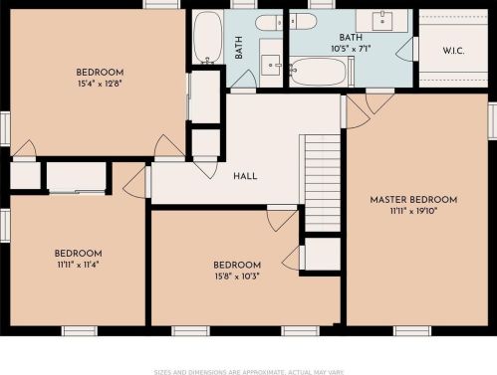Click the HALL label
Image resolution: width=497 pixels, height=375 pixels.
(x=245, y=176)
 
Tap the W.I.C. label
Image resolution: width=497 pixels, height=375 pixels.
(x=453, y=51)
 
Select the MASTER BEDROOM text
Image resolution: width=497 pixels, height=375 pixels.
(x=413, y=200)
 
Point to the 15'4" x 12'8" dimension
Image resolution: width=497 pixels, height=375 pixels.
(x=100, y=84)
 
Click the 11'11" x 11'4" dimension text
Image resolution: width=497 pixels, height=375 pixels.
(x=78, y=265)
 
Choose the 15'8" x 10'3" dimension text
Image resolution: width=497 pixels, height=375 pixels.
(x=237, y=277)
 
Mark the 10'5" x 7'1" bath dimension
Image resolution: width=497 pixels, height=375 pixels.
(x=351, y=49)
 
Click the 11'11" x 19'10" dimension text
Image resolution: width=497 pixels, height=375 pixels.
(x=413, y=211)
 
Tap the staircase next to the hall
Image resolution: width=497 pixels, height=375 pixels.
(x=323, y=183)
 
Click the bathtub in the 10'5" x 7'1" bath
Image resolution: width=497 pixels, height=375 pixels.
(x=318, y=72)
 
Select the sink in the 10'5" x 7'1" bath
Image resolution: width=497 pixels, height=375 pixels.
(x=382, y=21)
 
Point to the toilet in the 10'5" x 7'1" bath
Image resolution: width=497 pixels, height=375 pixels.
(x=303, y=21)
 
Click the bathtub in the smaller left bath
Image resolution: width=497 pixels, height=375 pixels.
(x=208, y=37)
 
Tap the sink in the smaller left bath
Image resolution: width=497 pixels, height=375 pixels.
(x=271, y=65)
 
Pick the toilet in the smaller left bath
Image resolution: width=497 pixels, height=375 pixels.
(x=269, y=23)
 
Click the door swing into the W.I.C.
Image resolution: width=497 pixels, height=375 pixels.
(x=406, y=49)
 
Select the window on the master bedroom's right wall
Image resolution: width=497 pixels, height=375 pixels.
(x=492, y=120)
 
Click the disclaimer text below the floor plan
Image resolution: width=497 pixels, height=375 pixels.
(x=249, y=372)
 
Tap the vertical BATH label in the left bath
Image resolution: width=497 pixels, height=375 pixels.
(x=238, y=48)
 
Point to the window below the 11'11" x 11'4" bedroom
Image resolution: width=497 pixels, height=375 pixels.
(x=80, y=331)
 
